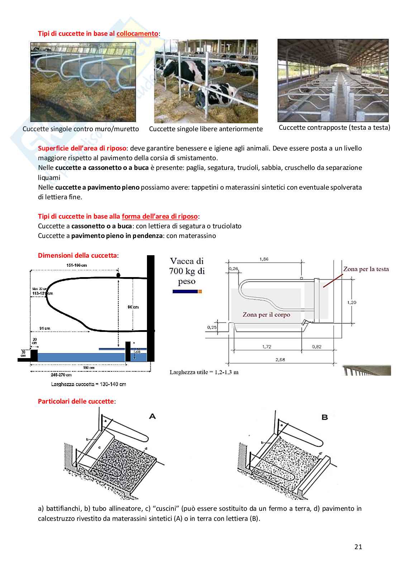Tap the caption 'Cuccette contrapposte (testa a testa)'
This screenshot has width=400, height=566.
pyautogui.click(x=334, y=128)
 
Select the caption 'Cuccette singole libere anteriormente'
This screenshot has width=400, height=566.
pyautogui.click(x=206, y=129)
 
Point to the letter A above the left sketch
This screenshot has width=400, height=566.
pyautogui.click(x=152, y=417)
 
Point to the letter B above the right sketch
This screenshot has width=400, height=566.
pyautogui.click(x=325, y=417)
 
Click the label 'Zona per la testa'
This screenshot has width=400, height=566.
pyautogui.click(x=366, y=269)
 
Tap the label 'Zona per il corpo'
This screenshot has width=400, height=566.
pyautogui.click(x=266, y=315)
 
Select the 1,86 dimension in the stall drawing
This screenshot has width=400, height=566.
pyautogui.click(x=263, y=259)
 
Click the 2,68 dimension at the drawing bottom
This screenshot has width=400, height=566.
pyautogui.click(x=280, y=360)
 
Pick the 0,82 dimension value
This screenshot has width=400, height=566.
pyautogui.click(x=316, y=347)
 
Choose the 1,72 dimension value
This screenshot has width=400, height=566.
pyautogui.click(x=267, y=347)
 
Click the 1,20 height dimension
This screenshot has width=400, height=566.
pyautogui.click(x=352, y=302)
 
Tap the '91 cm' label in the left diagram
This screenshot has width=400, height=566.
pyautogui.click(x=45, y=328)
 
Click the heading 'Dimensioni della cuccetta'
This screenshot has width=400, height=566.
pyautogui.click(x=77, y=256)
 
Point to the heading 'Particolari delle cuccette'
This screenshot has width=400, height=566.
pyautogui.click(x=76, y=401)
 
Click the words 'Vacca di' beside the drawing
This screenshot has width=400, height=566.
pyautogui.click(x=186, y=261)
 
